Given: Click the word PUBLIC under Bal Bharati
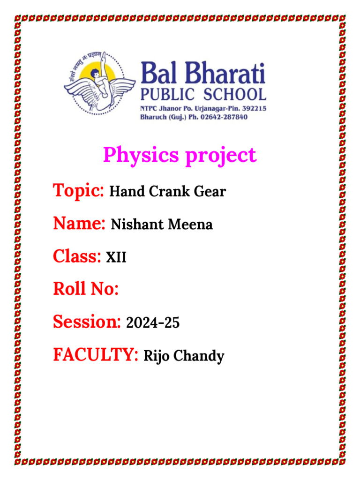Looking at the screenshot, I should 164,94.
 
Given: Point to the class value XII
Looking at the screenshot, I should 116,257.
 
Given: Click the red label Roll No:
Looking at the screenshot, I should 86,289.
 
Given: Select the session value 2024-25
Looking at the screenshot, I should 153,323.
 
